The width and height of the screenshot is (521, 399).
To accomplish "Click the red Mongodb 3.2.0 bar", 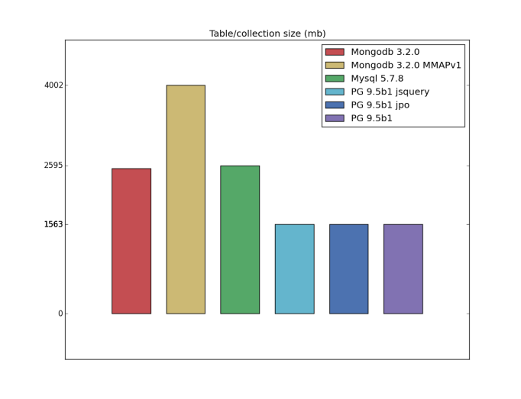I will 131,241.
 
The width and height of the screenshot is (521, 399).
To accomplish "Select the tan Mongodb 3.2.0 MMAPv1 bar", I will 186,199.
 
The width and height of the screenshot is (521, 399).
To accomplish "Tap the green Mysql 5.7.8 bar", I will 240,240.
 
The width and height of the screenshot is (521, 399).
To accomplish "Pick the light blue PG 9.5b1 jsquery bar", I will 294,269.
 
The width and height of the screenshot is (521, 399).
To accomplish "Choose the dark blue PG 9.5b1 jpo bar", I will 348,269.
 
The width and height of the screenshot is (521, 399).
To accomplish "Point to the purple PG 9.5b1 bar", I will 403,269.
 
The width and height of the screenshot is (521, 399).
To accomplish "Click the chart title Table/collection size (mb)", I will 267,34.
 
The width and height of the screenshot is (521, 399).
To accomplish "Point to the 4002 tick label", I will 53,85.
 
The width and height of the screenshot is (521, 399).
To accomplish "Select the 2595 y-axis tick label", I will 53,166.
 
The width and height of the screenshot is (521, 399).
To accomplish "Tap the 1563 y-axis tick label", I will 53,224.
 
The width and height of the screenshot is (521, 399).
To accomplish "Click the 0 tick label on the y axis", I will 60,314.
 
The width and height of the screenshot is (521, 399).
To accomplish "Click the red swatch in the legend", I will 335,52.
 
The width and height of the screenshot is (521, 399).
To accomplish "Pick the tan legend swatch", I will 335,65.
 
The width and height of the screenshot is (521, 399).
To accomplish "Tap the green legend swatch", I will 335,79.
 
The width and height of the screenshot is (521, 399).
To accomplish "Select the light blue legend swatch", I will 335,92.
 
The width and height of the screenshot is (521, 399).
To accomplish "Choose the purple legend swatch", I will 335,118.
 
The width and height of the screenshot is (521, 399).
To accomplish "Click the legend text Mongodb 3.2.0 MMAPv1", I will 406,65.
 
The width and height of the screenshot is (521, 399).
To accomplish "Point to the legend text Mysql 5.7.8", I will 377,79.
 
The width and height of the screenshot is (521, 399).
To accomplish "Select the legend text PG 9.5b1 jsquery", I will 390,92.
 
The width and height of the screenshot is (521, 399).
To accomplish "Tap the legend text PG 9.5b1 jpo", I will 380,105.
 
